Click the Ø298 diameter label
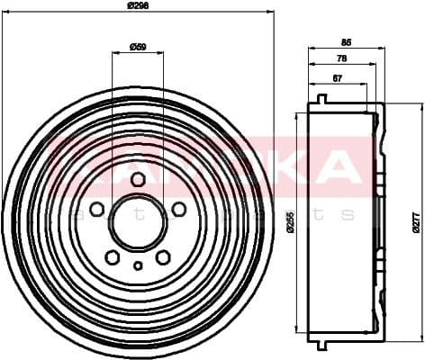tap(137, 6)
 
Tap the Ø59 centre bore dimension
tap(138, 45)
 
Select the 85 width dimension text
tap(346, 40)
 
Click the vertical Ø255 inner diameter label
tap(290, 221)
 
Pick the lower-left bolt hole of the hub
tap(112, 257)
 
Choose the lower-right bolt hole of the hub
tap(163, 257)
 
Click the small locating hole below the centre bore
tap(138, 265)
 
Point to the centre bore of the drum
tap(138, 223)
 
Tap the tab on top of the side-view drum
tap(321, 97)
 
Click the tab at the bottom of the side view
tap(321, 345)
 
